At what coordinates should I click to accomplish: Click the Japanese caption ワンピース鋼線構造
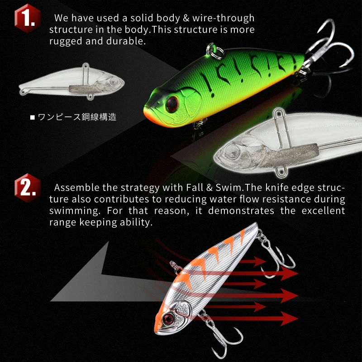tap(77, 117)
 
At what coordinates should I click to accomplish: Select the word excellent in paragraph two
tap(321, 210)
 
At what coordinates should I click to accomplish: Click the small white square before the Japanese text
tap(32, 118)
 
